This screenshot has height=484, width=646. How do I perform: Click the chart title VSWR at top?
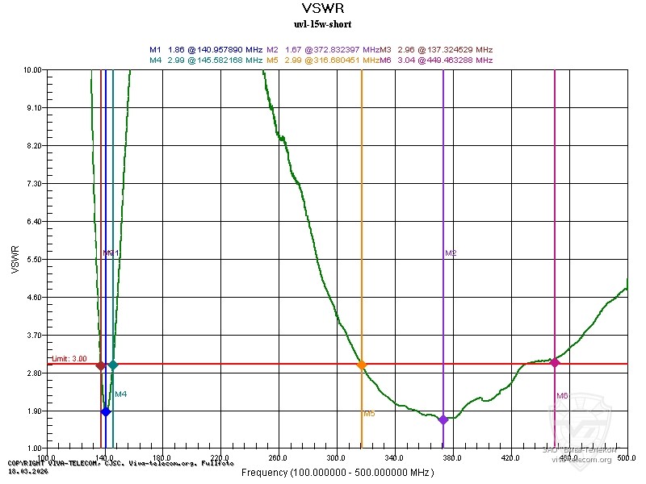(x=322, y=10)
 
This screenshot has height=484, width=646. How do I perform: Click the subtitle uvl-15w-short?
(x=322, y=24)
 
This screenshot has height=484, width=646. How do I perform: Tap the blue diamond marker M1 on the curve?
(x=106, y=411)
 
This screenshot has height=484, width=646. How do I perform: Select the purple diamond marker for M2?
(x=443, y=419)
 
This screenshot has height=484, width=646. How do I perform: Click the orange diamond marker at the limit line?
(x=362, y=365)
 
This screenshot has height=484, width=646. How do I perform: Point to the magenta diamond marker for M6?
(x=555, y=363)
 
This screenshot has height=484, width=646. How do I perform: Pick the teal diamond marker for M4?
(x=113, y=365)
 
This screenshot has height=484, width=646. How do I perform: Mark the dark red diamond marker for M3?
(x=101, y=365)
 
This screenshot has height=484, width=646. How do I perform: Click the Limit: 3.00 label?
(x=69, y=359)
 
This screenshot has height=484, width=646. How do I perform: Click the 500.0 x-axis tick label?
(x=626, y=457)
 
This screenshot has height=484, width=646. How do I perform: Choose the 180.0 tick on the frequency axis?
(x=163, y=457)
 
